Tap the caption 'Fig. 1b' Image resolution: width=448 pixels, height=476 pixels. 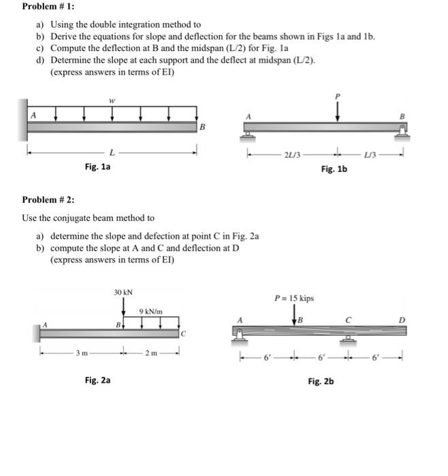(x=334, y=169)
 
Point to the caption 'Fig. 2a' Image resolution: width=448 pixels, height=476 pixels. (x=97, y=381)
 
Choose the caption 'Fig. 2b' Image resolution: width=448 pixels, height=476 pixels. (x=321, y=382)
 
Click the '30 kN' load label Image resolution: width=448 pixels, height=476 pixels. (x=123, y=292)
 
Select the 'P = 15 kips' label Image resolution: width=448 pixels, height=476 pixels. (x=294, y=298)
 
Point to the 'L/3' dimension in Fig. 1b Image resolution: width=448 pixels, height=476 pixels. (x=370, y=154)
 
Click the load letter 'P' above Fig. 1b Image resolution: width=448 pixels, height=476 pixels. (x=337, y=97)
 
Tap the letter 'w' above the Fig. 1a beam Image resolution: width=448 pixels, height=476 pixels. (x=112, y=99)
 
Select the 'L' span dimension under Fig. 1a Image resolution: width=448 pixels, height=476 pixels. (x=111, y=152)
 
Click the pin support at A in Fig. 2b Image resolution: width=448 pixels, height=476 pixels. (x=239, y=335)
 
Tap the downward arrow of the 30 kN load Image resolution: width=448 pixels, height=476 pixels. (x=123, y=310)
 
